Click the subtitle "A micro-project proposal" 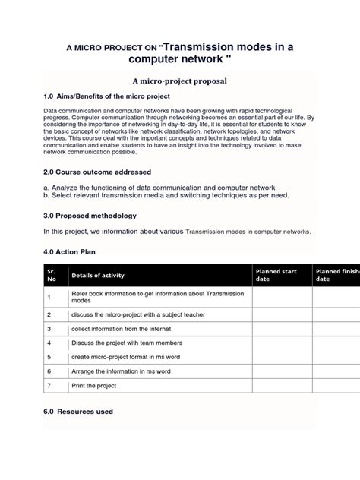click(180, 81)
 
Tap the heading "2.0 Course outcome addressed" click(97, 172)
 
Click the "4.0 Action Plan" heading click(70, 251)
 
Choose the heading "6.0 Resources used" click(79, 412)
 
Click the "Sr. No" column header click(51, 275)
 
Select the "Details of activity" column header click(98, 275)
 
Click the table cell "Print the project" click(93, 385)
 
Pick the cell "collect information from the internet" click(122, 329)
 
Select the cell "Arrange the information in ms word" click(121, 371)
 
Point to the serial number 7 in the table click(49, 385)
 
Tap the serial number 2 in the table click(49, 314)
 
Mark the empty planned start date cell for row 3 click(282, 329)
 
